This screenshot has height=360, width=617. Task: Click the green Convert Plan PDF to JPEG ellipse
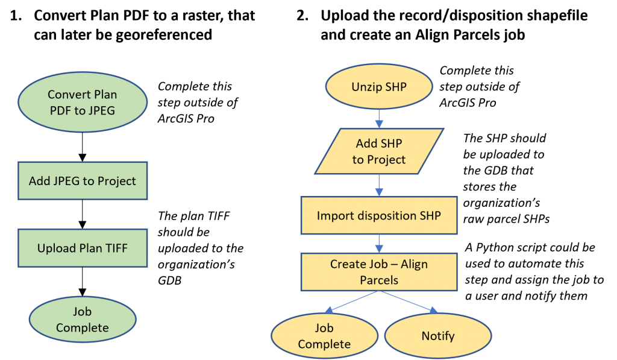click(83, 103)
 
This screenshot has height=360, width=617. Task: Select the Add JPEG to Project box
click(83, 181)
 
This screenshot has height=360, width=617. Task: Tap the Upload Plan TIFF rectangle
click(83, 248)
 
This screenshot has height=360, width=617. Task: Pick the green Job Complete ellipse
click(83, 320)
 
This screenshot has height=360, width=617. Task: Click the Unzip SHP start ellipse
click(379, 87)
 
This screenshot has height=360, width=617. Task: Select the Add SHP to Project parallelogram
click(379, 151)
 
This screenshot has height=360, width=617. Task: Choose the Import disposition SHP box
click(379, 215)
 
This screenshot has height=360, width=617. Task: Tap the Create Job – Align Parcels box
click(379, 272)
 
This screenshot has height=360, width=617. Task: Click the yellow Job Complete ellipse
click(324, 336)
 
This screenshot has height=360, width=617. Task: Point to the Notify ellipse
click(438, 336)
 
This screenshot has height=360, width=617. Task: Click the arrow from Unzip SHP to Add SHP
click(379, 119)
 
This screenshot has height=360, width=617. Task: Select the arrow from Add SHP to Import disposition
click(379, 185)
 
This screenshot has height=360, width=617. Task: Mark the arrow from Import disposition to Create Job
click(379, 244)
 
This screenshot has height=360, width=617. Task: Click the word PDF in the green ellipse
click(61, 110)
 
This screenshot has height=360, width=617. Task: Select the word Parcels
click(379, 280)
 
